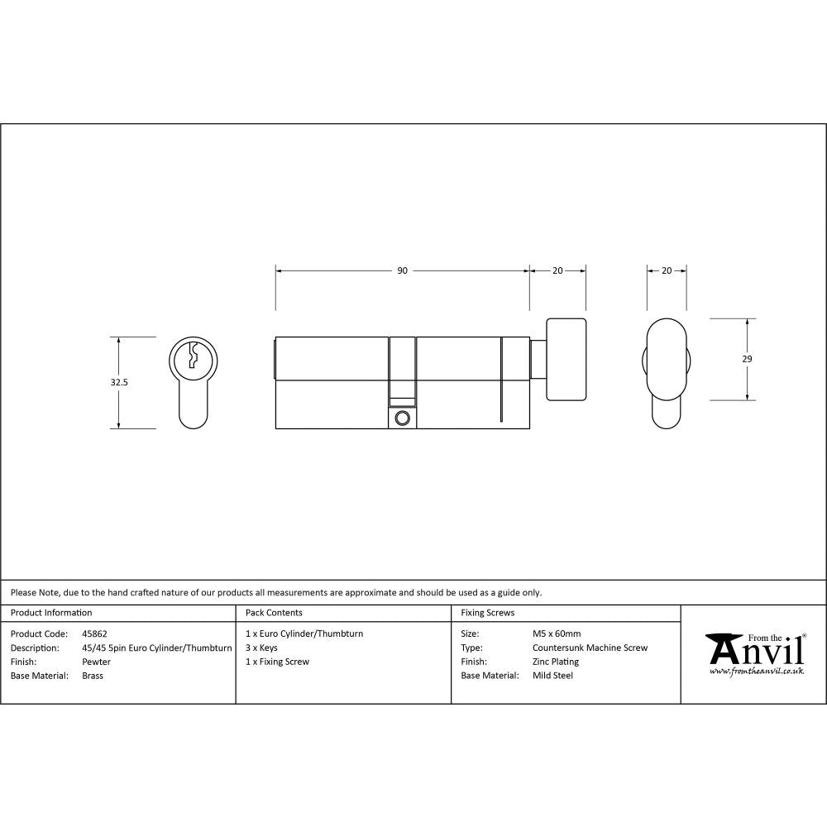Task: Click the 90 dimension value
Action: click(x=402, y=270)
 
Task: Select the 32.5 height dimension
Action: click(x=119, y=383)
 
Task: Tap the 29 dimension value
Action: click(x=747, y=359)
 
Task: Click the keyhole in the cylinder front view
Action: click(x=193, y=356)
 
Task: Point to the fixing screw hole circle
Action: click(x=403, y=418)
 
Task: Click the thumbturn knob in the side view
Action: click(x=566, y=360)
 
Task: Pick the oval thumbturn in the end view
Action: click(x=667, y=361)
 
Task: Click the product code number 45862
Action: click(x=95, y=634)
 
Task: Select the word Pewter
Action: click(x=96, y=662)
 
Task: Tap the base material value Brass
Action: click(x=93, y=676)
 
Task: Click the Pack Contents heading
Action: click(x=274, y=613)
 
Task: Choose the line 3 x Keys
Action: click(x=261, y=648)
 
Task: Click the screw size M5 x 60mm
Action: click(x=557, y=634)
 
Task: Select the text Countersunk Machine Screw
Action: click(x=590, y=648)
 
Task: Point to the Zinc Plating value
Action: click(x=556, y=662)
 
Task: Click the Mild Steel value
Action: click(x=552, y=676)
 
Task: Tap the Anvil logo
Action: click(x=753, y=653)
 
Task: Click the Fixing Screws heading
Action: click(x=487, y=613)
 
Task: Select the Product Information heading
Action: click(x=51, y=613)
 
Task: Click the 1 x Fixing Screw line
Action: click(x=277, y=662)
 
